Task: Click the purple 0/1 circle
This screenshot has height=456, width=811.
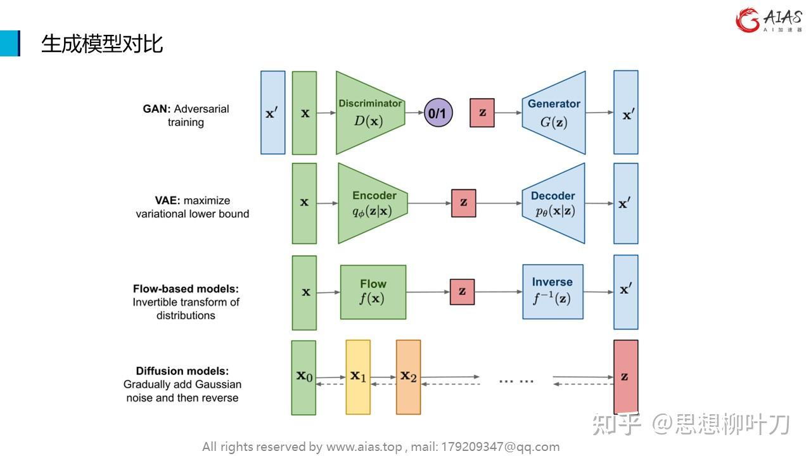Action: click(x=437, y=113)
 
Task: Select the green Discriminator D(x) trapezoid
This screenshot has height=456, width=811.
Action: click(x=369, y=113)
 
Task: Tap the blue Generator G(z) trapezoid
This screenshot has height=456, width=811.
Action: click(x=554, y=113)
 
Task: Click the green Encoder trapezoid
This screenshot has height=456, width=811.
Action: click(x=373, y=203)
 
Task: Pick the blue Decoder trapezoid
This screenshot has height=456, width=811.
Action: click(x=553, y=203)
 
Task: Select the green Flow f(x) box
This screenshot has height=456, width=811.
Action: click(x=373, y=292)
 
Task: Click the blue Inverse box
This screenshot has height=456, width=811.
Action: click(x=552, y=291)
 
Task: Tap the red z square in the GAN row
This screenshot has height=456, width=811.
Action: click(x=482, y=113)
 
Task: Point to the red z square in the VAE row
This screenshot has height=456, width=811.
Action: click(x=463, y=203)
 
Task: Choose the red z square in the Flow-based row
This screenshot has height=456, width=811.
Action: click(x=462, y=292)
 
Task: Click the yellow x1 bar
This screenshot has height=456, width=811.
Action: click(x=358, y=377)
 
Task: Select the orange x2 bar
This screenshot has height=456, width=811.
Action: click(x=408, y=377)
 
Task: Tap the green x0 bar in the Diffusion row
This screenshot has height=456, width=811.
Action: click(x=303, y=377)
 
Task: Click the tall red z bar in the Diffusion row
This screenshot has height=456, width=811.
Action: click(x=625, y=377)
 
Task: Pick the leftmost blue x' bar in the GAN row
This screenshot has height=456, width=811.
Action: click(x=272, y=113)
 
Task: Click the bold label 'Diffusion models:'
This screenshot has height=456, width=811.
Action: click(x=182, y=371)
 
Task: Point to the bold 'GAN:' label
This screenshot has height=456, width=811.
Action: click(x=156, y=109)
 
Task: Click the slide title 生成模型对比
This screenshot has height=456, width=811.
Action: click(x=101, y=44)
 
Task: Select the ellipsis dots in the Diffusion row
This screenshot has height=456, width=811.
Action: click(x=516, y=381)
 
